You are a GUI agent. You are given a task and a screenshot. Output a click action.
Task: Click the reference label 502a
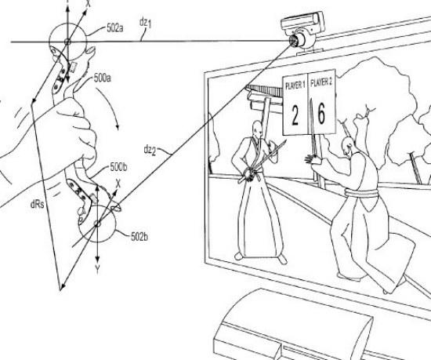click(115, 28)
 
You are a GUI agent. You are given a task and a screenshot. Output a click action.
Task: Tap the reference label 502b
click(139, 237)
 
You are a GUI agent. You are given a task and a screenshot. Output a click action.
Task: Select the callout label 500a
click(102, 78)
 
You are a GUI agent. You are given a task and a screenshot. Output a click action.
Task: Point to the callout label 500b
click(118, 167)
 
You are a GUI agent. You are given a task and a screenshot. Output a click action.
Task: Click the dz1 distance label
click(146, 24)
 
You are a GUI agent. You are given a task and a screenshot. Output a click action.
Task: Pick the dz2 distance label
click(150, 151)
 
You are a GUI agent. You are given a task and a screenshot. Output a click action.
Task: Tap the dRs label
click(37, 205)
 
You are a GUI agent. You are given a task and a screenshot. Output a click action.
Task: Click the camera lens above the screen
click(293, 41)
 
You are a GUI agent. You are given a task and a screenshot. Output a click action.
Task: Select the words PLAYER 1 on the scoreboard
click(295, 85)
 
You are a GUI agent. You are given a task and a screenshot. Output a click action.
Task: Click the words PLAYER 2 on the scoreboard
click(321, 82)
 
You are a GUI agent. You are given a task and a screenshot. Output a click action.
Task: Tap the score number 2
click(295, 115)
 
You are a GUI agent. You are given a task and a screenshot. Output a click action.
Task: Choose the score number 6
click(321, 113)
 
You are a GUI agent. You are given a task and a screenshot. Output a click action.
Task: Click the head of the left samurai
click(257, 129)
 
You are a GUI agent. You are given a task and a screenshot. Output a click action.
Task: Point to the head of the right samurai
click(347, 145)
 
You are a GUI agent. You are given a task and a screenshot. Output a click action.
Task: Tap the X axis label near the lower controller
click(118, 184)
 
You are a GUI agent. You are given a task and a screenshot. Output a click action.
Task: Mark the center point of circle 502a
click(67, 42)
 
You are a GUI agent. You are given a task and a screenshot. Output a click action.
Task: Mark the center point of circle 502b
click(97, 224)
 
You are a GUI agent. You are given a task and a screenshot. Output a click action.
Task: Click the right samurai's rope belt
click(361, 193)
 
